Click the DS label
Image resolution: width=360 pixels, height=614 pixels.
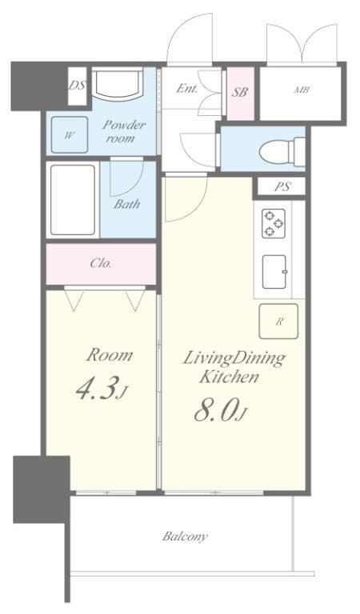(77, 84)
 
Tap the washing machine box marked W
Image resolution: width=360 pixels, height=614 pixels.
(70, 135)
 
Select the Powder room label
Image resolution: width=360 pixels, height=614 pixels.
(123, 131)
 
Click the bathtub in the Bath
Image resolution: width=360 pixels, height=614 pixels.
(73, 199)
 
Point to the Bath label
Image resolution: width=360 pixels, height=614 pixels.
(126, 204)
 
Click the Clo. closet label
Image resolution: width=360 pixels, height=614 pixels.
(101, 263)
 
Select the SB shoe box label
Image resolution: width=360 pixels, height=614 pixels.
(240, 92)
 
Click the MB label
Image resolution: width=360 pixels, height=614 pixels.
(301, 90)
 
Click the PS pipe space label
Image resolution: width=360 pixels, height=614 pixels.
(281, 188)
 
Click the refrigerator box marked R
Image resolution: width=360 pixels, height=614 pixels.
(278, 321)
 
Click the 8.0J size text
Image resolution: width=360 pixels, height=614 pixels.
(217, 410)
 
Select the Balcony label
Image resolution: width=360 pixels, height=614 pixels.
(185, 536)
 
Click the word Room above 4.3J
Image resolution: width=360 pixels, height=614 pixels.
(109, 355)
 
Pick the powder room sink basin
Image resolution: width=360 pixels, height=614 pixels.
(116, 84)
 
